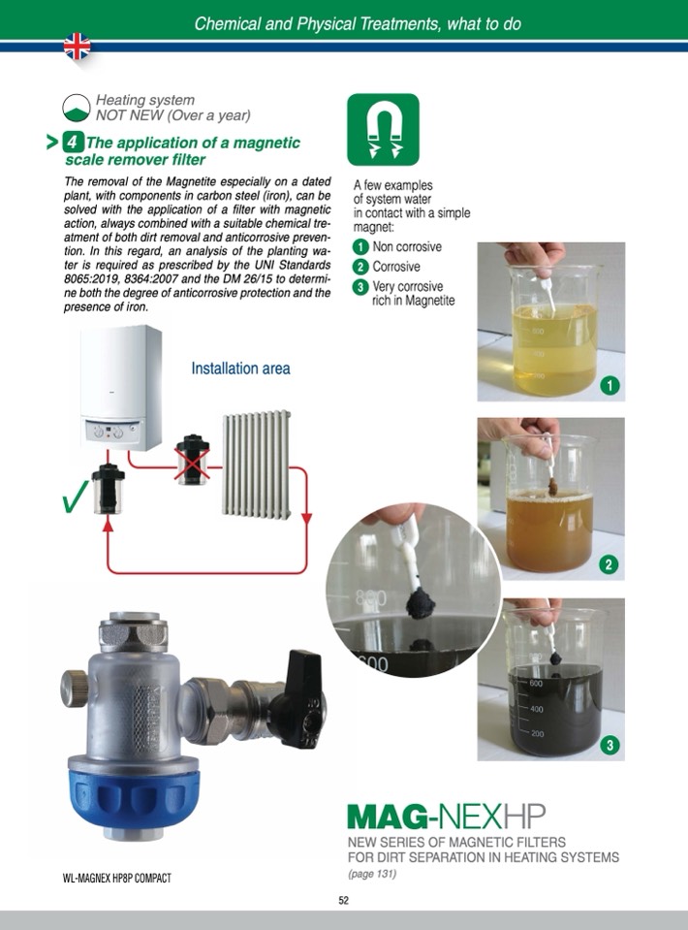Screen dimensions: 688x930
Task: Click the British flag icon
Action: [78, 47]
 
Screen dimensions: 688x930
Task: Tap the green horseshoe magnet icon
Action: [383, 129]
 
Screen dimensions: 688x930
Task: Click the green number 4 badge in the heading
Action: [73, 143]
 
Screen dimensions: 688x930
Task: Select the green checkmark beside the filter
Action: [76, 496]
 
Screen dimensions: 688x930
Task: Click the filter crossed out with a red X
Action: [193, 460]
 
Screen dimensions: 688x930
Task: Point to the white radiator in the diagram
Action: [257, 464]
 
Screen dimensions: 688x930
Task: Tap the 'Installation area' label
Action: [240, 369]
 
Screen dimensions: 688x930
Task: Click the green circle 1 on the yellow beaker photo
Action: [610, 386]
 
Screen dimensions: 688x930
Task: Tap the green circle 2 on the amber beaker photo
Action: [609, 564]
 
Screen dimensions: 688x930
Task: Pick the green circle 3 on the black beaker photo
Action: [610, 745]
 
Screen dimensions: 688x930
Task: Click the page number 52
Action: [344, 900]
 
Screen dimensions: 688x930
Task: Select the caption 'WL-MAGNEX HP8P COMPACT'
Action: [116, 878]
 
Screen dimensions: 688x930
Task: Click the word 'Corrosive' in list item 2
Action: [396, 267]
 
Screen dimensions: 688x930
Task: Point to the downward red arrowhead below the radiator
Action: [306, 519]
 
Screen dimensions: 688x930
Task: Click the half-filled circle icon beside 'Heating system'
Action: [77, 108]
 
